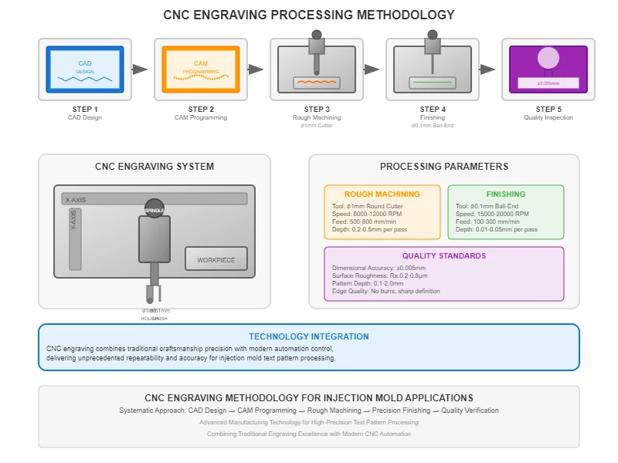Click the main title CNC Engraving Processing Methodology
point(309,15)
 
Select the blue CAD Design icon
point(85,69)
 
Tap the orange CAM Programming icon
point(201,69)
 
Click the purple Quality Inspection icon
point(548,69)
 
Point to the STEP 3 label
point(317,109)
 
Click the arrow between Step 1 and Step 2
point(140,69)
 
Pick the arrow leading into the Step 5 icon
point(487,69)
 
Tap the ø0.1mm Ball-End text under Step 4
point(433,126)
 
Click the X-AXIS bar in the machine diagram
point(154,199)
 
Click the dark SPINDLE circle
point(154,209)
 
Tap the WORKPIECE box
point(221,260)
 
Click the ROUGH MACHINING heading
point(382,194)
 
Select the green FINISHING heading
point(505,194)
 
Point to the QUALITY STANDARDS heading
point(443,256)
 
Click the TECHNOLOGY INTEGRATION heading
point(308,336)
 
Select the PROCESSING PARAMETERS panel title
point(443,166)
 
